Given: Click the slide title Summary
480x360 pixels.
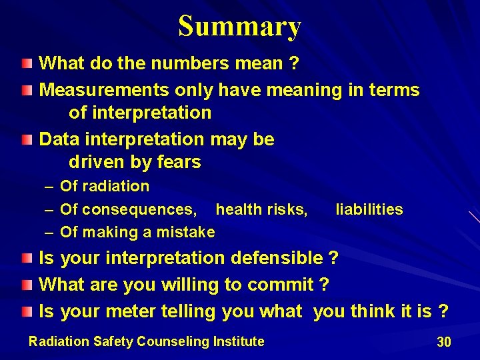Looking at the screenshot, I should pos(240,27).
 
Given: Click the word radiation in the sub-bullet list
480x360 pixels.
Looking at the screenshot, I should pos(116,186).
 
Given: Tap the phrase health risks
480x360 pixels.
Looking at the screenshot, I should pos(261,209).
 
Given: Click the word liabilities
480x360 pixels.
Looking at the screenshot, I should pos(369,209).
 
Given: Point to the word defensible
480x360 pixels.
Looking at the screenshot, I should pos(277,258).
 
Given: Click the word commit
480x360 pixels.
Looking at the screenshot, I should pos(280,285).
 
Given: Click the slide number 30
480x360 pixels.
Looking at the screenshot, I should pos(443,342).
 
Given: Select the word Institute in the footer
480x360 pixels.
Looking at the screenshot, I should pos(238,341).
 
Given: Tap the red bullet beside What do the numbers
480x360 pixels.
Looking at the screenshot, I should pos(26,64).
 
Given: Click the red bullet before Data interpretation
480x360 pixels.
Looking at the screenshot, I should pos(26,139).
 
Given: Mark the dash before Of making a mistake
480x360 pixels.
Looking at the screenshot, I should pos(49,232).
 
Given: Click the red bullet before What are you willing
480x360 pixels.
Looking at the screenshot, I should pos(26,285).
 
